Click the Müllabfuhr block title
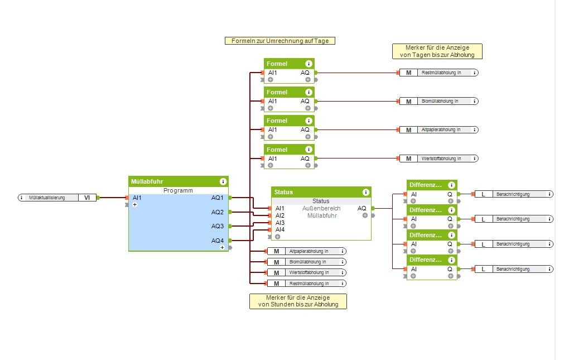pos(147,181)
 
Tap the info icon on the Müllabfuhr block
pos(223,181)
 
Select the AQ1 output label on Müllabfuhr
pos(217,198)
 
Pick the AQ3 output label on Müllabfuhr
pos(217,226)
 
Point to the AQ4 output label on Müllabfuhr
pos(217,241)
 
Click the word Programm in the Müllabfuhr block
pos(178,190)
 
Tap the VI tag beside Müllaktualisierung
pos(87,198)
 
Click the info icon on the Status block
pos(366,192)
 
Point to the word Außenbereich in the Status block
pos(320,208)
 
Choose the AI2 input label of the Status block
pos(280,215)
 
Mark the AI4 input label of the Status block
pos(280,229)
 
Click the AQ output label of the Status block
pos(362,208)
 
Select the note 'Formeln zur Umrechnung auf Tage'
pos(279,41)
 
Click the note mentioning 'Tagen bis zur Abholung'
pos(437,51)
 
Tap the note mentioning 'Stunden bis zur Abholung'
pos(298,301)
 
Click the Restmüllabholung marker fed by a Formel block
pos(441,73)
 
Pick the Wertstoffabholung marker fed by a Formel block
pos(441,159)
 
